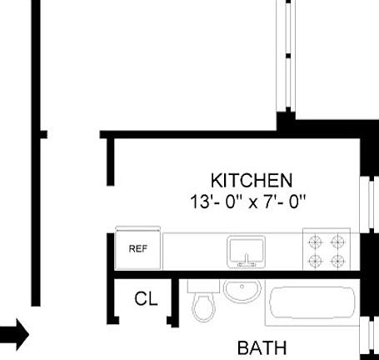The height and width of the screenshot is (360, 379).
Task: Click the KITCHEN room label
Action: [x=251, y=180]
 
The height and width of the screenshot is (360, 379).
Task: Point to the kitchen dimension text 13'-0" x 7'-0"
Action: [x=249, y=201]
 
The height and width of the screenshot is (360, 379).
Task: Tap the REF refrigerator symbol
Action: [x=137, y=247]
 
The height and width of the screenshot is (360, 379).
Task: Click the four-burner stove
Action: [x=327, y=251]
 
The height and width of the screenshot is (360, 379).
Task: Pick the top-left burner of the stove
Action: [x=316, y=242]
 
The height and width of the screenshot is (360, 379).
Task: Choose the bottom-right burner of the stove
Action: [x=337, y=262]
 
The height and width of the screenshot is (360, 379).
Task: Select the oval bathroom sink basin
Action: [x=242, y=292]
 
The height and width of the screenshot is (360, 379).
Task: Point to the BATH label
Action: [x=262, y=347]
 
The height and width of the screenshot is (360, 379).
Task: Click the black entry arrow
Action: [x=14, y=336]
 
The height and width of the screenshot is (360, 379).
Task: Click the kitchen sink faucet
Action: [x=246, y=262]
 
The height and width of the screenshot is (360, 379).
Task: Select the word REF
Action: [x=137, y=247]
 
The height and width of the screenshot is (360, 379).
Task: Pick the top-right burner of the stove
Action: [x=337, y=242]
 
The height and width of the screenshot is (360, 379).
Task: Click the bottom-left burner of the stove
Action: [x=316, y=262]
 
